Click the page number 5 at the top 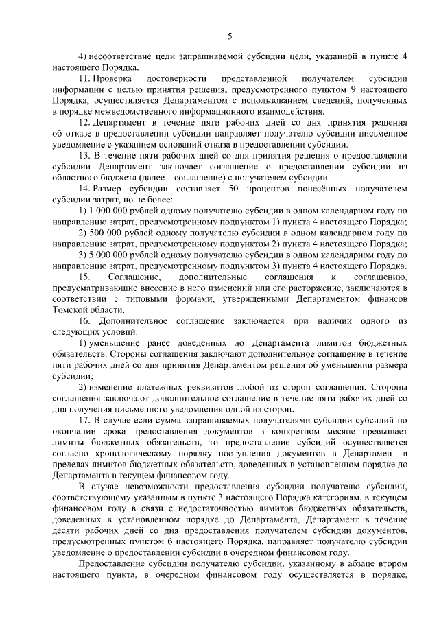(x=230, y=36)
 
